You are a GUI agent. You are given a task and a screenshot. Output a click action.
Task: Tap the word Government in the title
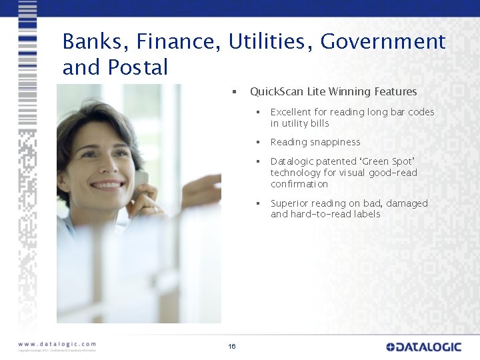383,42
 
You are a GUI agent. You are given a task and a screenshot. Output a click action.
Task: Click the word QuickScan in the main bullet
277,92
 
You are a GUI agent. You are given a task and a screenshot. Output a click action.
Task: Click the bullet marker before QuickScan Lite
234,92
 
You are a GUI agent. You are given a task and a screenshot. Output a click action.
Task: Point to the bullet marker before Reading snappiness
256,142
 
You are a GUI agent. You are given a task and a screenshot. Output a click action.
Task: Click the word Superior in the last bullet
291,203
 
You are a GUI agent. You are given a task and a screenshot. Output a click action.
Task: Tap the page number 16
232,346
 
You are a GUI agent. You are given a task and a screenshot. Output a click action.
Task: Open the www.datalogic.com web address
57,344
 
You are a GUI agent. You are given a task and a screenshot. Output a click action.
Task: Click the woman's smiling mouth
108,184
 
